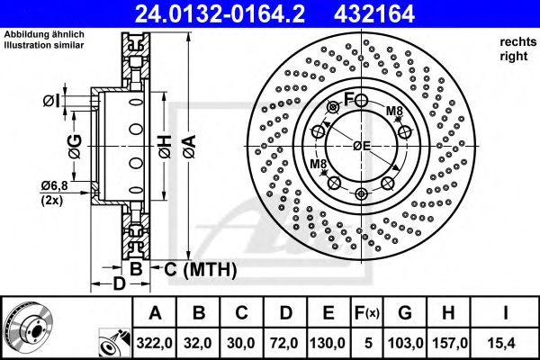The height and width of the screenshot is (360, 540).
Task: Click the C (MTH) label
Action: click(x=200, y=268)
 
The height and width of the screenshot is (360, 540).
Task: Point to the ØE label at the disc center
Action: click(x=362, y=146)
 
